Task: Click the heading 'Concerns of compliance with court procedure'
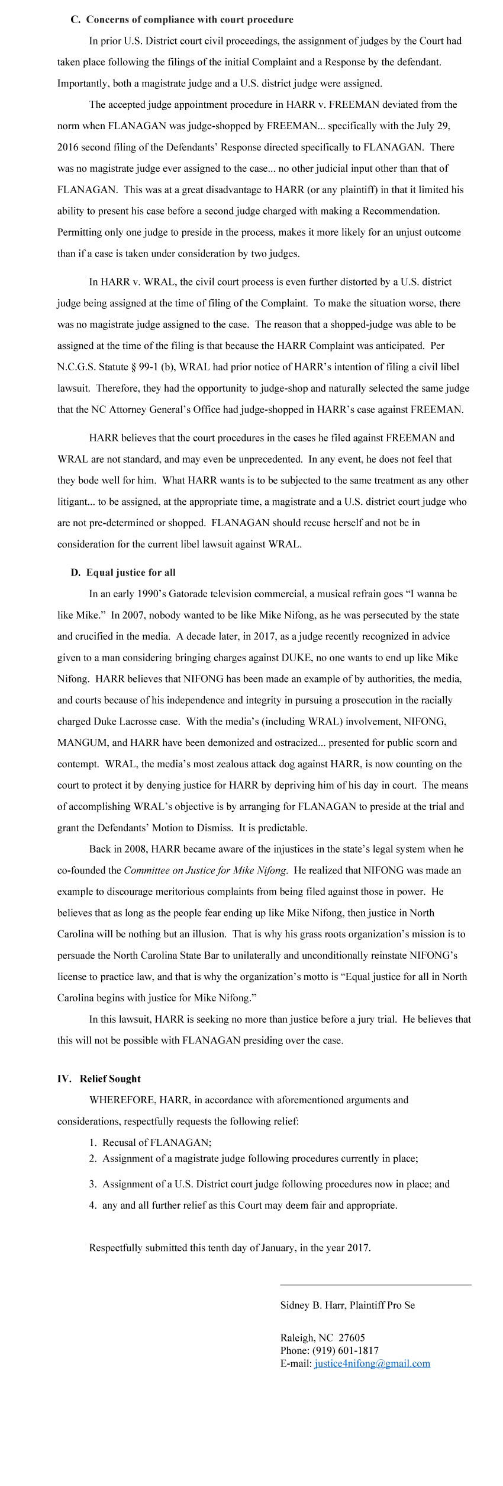click(189, 20)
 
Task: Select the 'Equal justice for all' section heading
click(131, 572)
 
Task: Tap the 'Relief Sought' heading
click(110, 1078)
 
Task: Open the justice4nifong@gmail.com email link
click(372, 1363)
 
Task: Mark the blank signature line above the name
click(375, 1285)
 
